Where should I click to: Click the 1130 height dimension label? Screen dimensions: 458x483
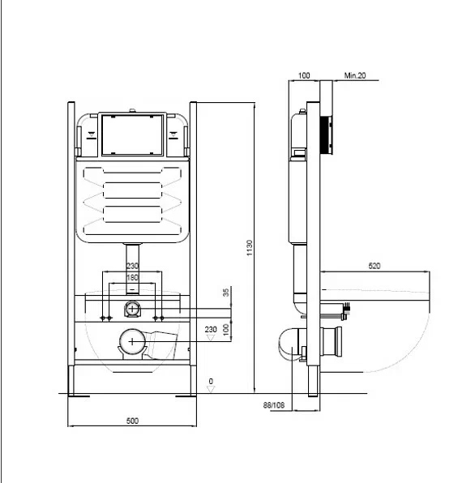(x=250, y=248)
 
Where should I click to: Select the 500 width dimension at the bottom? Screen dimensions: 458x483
(x=132, y=421)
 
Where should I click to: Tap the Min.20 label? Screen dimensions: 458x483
(x=355, y=75)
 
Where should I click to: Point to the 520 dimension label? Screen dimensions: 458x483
(x=375, y=266)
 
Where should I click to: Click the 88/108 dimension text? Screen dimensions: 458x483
(x=274, y=405)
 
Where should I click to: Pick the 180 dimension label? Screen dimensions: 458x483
(x=132, y=277)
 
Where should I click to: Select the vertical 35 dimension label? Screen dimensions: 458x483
(x=226, y=293)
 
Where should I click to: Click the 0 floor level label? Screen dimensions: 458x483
(x=211, y=381)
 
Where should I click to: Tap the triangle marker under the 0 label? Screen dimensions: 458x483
(x=211, y=389)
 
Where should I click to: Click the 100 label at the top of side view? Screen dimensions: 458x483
(x=304, y=75)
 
